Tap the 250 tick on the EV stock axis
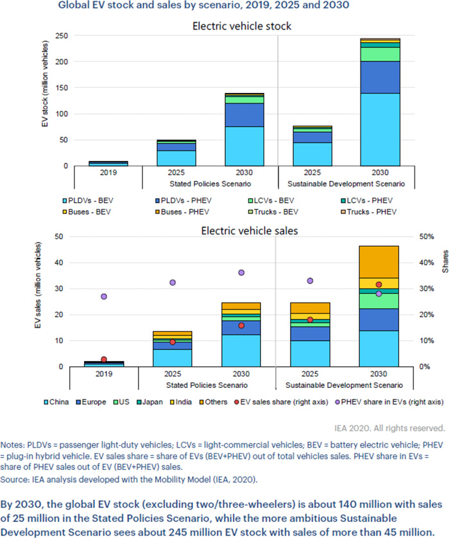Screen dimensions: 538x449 60,36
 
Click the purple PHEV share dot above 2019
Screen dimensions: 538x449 104,296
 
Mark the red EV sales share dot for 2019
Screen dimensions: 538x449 104,359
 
